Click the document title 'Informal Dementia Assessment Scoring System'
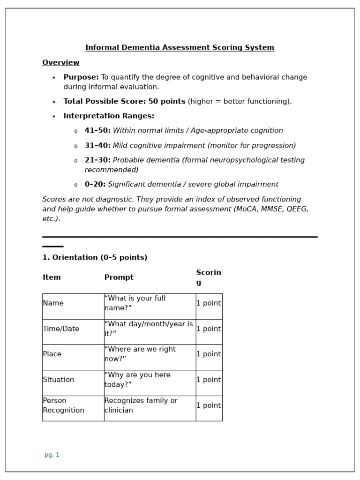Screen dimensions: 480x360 click(180, 48)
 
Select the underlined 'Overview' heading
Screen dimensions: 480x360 click(61, 63)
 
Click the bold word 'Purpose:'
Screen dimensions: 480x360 click(81, 77)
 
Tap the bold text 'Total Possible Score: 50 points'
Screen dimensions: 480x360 click(124, 102)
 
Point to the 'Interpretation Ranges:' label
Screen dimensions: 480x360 click(109, 116)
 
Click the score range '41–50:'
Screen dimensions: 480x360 click(97, 131)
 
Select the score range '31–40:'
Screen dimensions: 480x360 click(97, 146)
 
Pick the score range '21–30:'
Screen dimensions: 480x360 click(97, 160)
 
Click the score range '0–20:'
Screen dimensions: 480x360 click(95, 185)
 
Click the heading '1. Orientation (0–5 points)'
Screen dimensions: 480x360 click(95, 258)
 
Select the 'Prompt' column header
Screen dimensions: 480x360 click(119, 277)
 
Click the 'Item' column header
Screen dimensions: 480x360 click(52, 277)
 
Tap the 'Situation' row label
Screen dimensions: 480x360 click(58, 380)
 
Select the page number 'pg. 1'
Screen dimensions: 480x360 click(52, 455)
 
